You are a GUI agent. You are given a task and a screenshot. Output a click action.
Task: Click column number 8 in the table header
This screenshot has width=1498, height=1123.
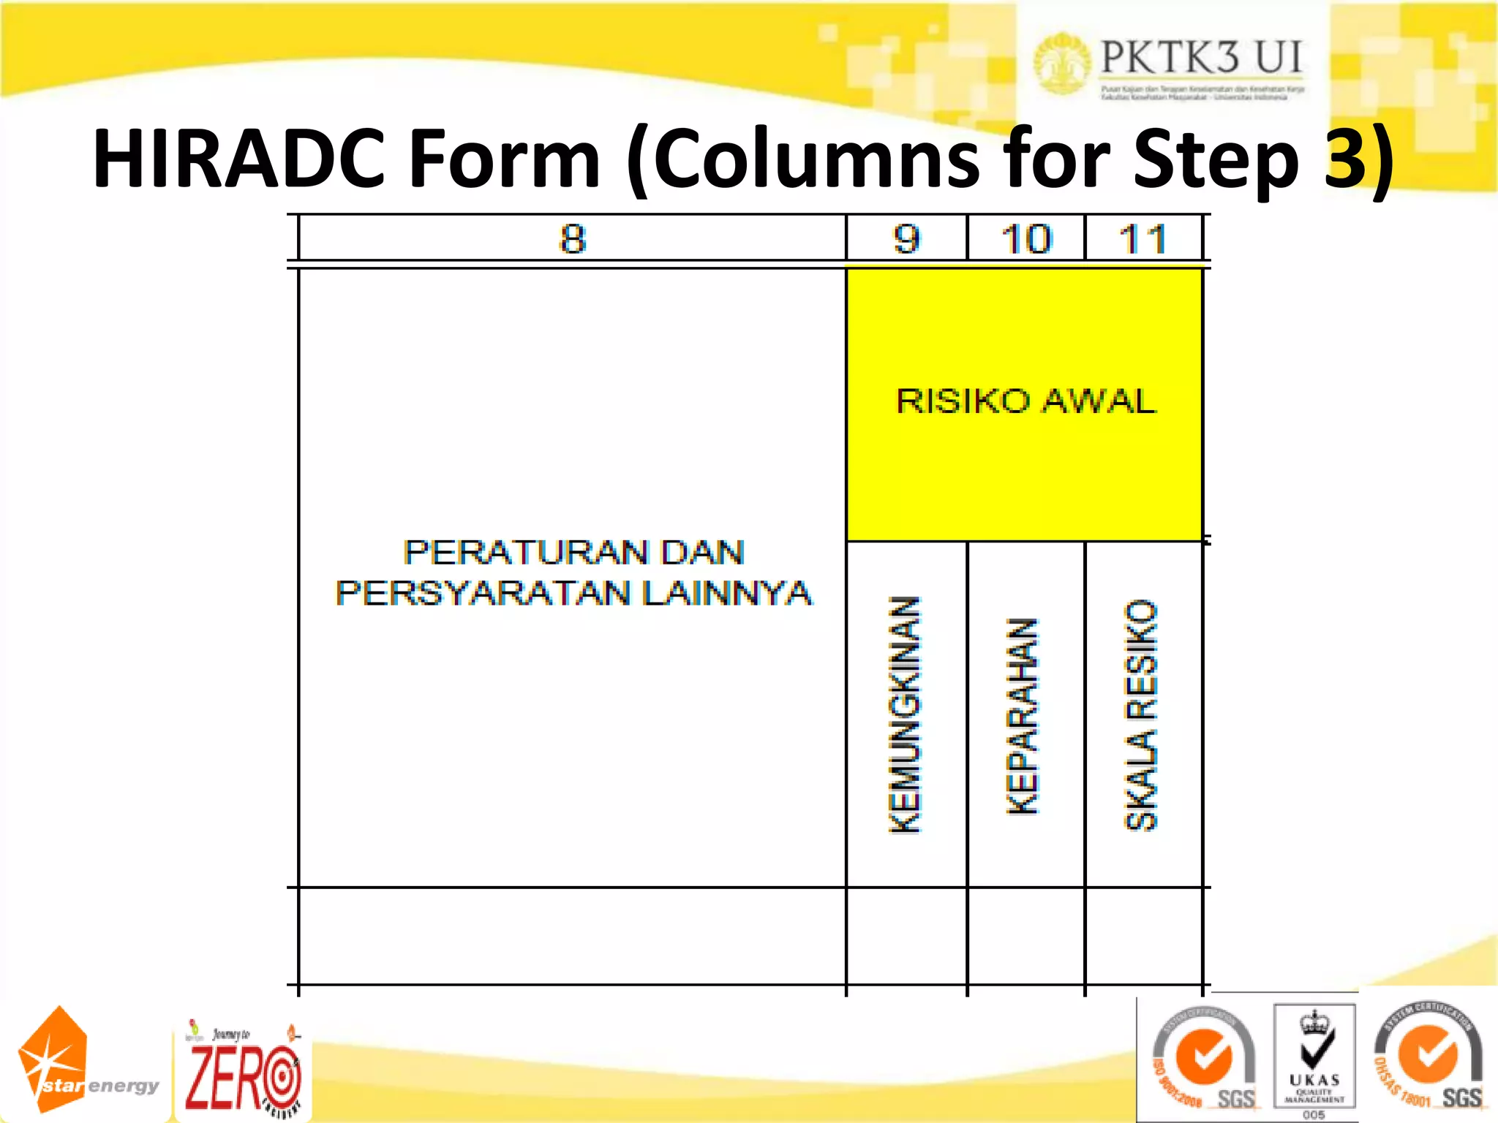[x=573, y=239]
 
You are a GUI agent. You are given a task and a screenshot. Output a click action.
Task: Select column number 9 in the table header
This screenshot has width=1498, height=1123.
[x=906, y=239]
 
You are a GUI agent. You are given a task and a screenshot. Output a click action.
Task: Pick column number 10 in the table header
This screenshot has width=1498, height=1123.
[x=1026, y=239]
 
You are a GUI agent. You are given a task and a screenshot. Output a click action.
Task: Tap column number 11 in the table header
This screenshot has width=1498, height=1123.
[x=1143, y=239]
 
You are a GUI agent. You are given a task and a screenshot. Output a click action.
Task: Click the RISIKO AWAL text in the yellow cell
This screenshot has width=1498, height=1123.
[x=1025, y=401]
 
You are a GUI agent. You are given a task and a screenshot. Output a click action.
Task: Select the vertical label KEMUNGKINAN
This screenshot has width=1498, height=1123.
[x=905, y=714]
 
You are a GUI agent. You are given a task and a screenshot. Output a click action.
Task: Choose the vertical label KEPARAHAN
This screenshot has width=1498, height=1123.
[x=1023, y=716]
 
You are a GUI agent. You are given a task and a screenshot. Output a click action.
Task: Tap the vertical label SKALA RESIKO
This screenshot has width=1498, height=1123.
[x=1141, y=714]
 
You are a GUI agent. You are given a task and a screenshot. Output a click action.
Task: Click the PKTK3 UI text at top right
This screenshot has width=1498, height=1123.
[x=1201, y=57]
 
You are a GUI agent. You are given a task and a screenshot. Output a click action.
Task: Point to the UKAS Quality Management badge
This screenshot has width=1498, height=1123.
[x=1314, y=1059]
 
